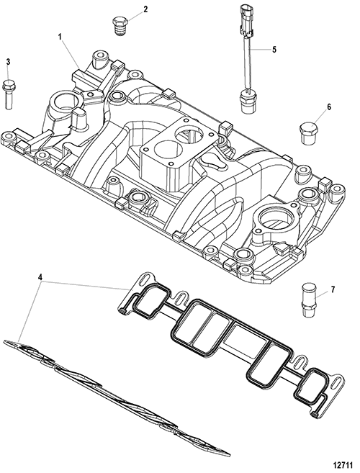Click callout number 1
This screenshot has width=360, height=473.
(x=60, y=37)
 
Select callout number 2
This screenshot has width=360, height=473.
(x=145, y=9)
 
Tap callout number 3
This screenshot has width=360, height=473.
(x=8, y=62)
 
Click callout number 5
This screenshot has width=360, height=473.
(x=274, y=50)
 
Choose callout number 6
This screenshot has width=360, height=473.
(x=328, y=107)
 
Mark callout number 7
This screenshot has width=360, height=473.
(x=333, y=290)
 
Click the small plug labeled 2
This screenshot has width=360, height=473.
(x=120, y=26)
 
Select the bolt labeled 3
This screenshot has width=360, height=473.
(x=8, y=94)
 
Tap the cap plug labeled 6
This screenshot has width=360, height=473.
(x=308, y=132)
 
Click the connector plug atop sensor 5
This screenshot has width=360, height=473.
(x=245, y=19)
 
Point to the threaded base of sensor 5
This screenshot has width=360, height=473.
(x=246, y=102)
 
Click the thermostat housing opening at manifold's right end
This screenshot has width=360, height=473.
(x=276, y=217)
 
